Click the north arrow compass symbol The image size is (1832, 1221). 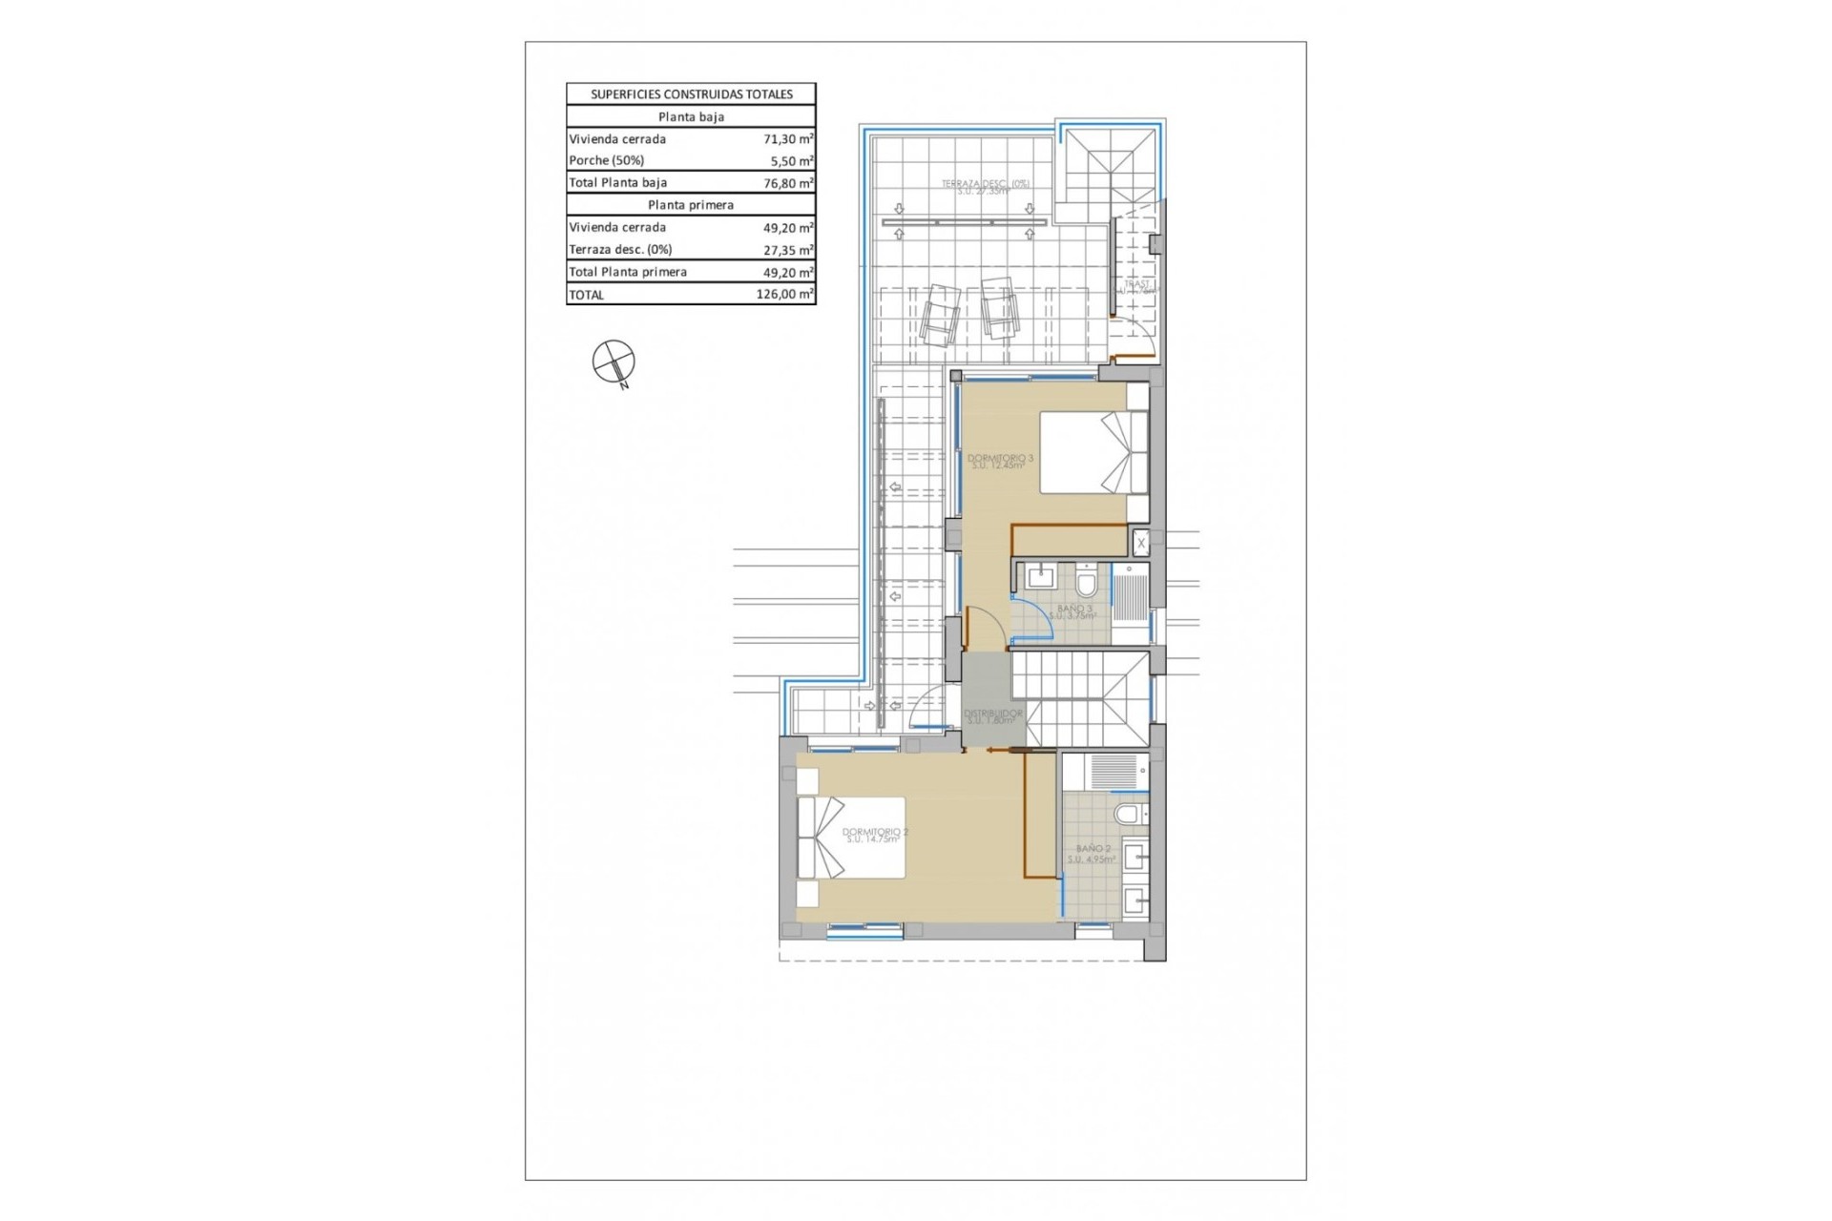click(x=614, y=362)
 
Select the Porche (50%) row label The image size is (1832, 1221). click(x=607, y=160)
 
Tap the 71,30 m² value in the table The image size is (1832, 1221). click(x=788, y=138)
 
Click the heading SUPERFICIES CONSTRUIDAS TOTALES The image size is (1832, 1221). click(x=691, y=93)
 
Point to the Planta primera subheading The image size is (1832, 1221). click(x=691, y=205)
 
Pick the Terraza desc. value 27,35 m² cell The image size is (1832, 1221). click(x=788, y=250)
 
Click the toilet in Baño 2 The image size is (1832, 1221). click(x=1130, y=814)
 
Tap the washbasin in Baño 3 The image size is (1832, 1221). click(x=1039, y=576)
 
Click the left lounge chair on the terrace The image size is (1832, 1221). click(x=938, y=313)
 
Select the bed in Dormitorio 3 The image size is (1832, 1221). click(x=1093, y=452)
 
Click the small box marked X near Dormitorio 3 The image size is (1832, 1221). click(x=1140, y=544)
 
